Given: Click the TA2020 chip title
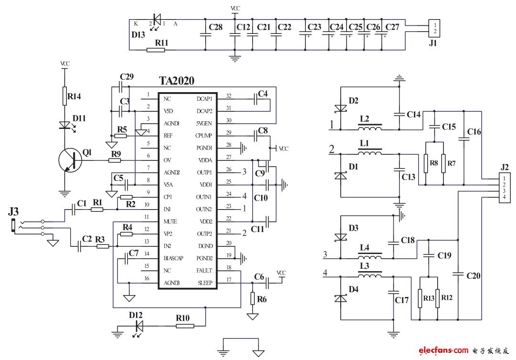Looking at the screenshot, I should click(x=176, y=81).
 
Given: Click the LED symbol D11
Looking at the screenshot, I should click(x=64, y=126).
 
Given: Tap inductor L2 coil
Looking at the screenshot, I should click(x=370, y=129).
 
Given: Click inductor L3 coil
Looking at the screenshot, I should click(x=370, y=275).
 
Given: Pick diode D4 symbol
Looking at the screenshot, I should click(x=340, y=298).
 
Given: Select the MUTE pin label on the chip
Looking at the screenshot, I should click(x=170, y=222).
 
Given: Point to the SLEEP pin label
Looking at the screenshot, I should click(x=204, y=283).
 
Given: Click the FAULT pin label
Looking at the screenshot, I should click(x=204, y=271).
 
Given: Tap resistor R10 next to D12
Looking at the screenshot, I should click(x=185, y=326).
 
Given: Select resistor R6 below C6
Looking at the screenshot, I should click(x=253, y=298).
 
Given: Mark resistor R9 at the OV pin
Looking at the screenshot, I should click(x=115, y=160).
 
